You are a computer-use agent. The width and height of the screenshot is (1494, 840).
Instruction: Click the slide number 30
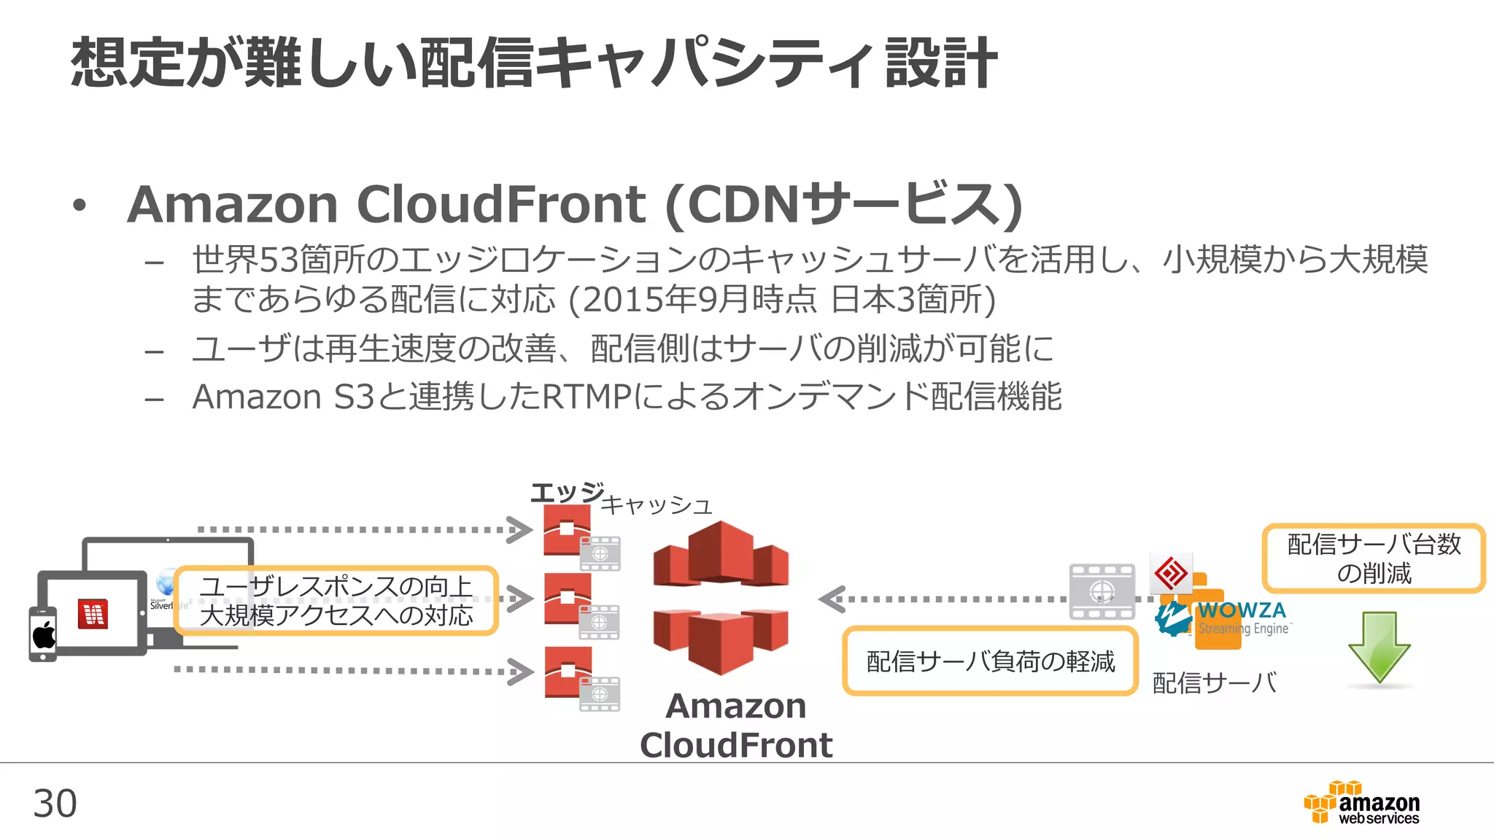coord(55,804)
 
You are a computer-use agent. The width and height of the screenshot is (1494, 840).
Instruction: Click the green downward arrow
coord(1379,646)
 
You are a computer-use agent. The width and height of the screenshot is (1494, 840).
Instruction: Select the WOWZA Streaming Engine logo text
coord(1242,617)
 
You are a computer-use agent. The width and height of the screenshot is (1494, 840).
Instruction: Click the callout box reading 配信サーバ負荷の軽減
coord(990,661)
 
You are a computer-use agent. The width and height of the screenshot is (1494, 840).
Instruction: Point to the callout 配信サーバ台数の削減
coord(1374,559)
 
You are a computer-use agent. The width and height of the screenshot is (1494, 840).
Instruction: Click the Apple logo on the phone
coord(44,634)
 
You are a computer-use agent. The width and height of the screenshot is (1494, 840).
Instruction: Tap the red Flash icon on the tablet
coord(93,615)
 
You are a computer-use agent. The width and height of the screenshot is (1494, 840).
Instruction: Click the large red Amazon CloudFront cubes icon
coord(721,598)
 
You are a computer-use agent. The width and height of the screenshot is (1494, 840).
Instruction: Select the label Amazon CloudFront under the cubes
coord(735,725)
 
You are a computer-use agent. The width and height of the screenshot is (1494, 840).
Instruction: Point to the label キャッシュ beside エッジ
coord(656,505)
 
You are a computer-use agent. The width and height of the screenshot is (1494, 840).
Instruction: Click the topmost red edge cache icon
coord(567,529)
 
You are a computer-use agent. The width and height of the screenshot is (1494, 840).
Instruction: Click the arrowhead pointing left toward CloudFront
coord(831,599)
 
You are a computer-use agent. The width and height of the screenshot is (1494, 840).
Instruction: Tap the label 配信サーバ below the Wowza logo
coord(1214,683)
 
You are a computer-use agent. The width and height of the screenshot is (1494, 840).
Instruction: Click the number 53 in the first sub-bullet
coord(277,260)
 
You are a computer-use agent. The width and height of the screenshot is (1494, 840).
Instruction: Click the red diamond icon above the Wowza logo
coord(1171,573)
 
